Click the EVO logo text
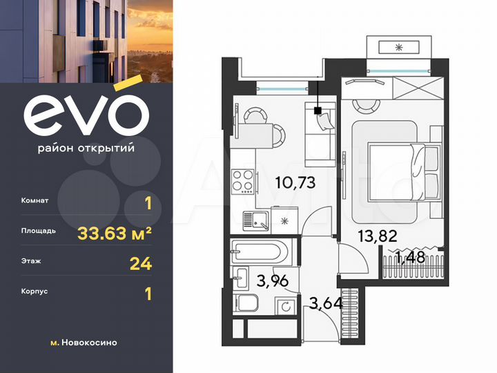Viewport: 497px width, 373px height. (x=86, y=114)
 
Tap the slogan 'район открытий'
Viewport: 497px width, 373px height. (x=86, y=147)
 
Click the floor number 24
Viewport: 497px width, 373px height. (x=141, y=263)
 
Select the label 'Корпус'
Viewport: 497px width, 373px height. (x=35, y=292)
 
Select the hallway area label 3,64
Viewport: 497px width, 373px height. (x=322, y=302)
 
